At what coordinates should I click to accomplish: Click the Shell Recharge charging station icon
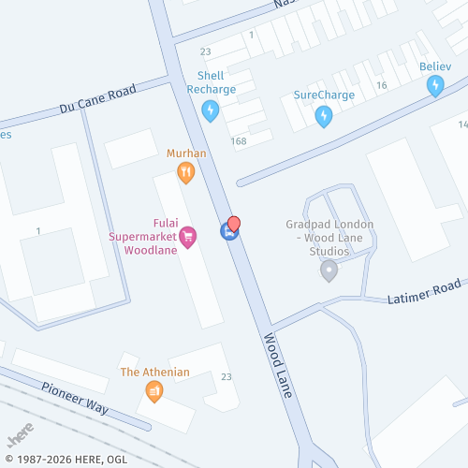tap(211, 111)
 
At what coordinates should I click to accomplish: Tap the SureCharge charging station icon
tap(324, 116)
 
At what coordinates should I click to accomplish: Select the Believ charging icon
tap(435, 86)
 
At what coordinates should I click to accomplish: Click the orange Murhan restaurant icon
tap(186, 172)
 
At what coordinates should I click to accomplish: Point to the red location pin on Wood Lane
tap(234, 225)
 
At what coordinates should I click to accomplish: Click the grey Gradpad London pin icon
tap(329, 271)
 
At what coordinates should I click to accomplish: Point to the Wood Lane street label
tap(278, 364)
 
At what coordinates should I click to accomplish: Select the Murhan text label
tap(186, 153)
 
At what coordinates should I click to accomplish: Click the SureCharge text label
tap(324, 95)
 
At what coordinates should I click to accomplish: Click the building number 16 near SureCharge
tap(381, 86)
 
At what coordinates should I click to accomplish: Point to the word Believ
tap(435, 66)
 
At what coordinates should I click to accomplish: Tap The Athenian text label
tap(154, 373)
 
